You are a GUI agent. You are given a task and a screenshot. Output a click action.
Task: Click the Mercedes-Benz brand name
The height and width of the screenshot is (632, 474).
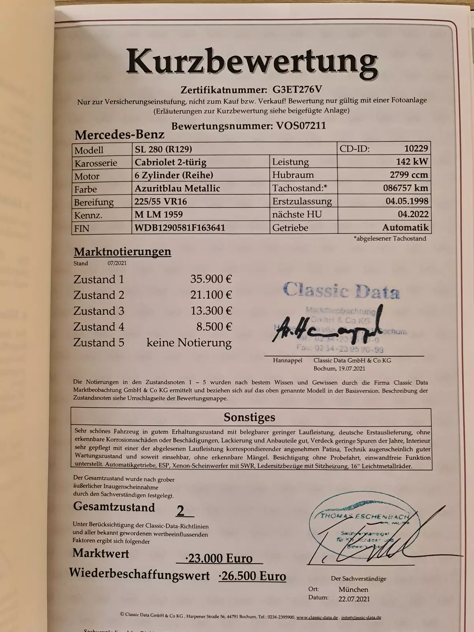(x=119, y=135)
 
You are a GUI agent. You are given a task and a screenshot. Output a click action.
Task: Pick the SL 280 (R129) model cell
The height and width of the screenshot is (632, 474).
(x=163, y=149)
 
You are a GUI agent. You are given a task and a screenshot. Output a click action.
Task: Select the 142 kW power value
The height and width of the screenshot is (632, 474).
(x=412, y=162)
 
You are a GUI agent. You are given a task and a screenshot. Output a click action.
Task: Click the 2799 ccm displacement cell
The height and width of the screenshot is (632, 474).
(x=408, y=175)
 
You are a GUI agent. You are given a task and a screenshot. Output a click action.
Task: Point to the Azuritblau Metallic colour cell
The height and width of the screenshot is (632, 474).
(x=177, y=188)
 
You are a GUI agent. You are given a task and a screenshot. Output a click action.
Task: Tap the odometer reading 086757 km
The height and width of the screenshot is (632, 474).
(x=405, y=188)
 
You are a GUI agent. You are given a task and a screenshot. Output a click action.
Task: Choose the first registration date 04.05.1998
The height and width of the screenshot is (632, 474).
(x=407, y=201)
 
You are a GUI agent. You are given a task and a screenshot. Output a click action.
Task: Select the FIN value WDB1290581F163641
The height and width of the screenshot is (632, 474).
(x=180, y=228)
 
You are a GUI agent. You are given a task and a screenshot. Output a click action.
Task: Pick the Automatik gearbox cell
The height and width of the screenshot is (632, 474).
(x=405, y=228)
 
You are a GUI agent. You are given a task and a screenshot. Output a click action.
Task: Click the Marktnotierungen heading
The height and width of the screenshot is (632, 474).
(x=122, y=252)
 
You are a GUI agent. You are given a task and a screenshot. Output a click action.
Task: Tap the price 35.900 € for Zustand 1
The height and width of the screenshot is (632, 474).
(x=211, y=279)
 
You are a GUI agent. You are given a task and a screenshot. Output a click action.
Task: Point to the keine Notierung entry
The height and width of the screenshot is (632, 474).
(x=189, y=342)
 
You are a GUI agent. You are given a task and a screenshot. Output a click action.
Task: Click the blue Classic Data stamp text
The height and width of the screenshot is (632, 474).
(x=341, y=291)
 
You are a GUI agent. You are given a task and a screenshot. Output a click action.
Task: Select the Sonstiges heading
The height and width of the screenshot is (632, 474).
(x=249, y=417)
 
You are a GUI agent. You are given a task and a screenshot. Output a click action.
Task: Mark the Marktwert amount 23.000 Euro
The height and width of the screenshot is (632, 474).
(x=220, y=558)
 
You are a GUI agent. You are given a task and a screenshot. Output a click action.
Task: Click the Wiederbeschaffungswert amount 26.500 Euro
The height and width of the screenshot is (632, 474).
(x=252, y=576)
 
